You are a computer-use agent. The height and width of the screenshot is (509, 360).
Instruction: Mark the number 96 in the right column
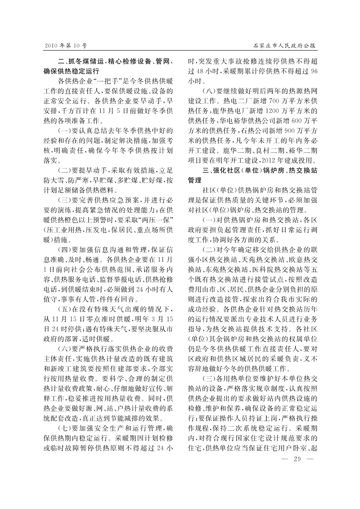[x=312, y=71]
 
